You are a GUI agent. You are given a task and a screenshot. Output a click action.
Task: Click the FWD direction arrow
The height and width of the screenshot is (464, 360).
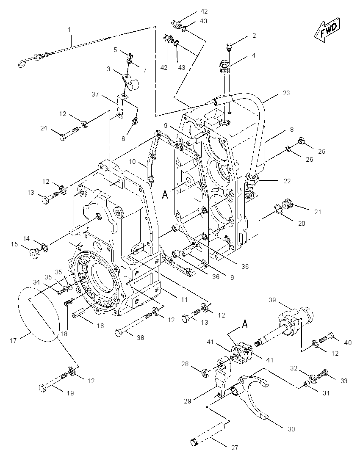coord(327,29)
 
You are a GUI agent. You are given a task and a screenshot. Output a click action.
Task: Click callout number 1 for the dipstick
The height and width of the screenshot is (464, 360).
coord(69,30)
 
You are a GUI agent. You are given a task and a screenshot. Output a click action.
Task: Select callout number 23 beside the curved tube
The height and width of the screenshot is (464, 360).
coord(286,93)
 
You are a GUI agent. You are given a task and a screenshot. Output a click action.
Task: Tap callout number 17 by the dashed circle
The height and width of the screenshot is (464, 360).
coord(13,341)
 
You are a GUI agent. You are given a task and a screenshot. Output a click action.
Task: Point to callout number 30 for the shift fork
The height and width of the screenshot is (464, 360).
coord(291,429)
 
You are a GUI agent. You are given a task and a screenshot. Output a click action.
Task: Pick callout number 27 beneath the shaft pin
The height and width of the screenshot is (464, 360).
coord(235,448)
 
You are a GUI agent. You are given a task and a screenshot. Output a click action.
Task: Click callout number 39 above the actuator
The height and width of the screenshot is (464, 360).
coord(272,300)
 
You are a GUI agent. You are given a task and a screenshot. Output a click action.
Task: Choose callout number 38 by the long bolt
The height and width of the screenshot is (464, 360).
coord(140,337)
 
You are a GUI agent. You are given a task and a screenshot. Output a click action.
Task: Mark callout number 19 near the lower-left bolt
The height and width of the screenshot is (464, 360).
coord(70,393)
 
